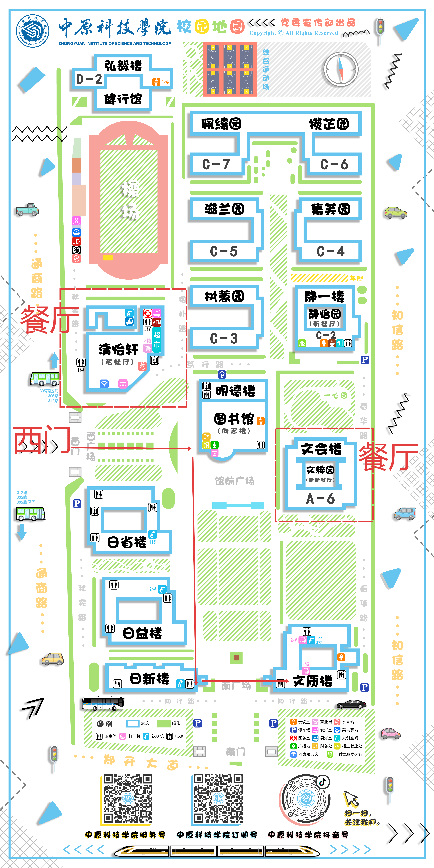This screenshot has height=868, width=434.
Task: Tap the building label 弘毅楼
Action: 123,66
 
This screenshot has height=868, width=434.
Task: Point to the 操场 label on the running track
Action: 130,200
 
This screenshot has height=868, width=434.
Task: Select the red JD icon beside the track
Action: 76,241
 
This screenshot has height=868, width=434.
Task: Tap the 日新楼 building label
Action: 149,678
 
